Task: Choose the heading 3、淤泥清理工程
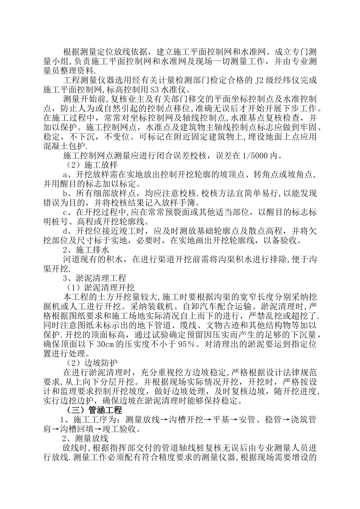[94, 278]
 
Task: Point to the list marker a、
[68, 175]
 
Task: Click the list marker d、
[68, 231]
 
